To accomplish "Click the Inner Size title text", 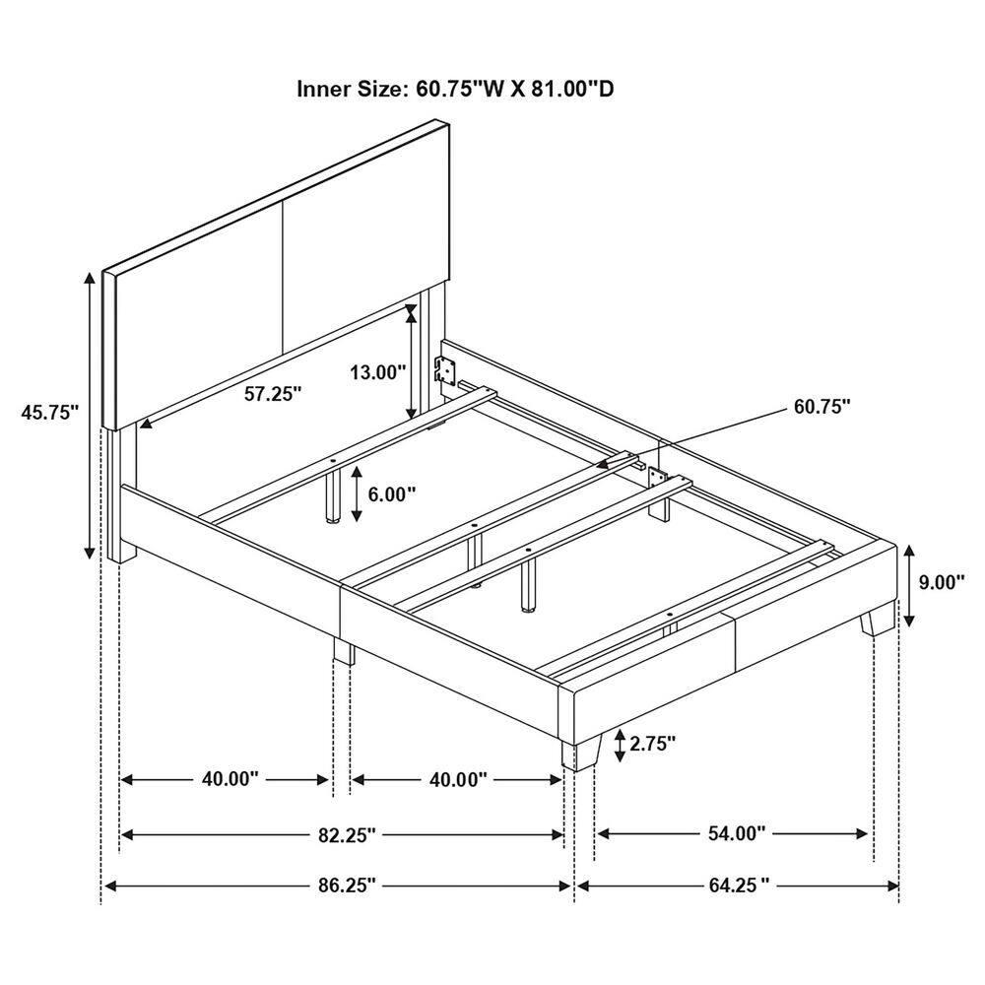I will [x=456, y=90].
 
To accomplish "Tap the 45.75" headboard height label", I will [x=49, y=413].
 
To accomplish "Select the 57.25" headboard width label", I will [x=273, y=393].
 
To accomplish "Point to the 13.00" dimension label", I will [x=378, y=372].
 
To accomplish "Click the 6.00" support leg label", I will [x=392, y=493].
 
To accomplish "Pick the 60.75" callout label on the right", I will [x=820, y=406].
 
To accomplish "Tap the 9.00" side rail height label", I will [x=941, y=582].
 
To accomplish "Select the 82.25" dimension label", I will [x=344, y=835].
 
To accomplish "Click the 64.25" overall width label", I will [x=737, y=886].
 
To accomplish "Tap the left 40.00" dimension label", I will [x=230, y=779].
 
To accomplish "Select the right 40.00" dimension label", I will [x=458, y=779].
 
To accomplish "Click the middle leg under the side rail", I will [x=344, y=650].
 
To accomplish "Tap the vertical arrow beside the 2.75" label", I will [x=619, y=746].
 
